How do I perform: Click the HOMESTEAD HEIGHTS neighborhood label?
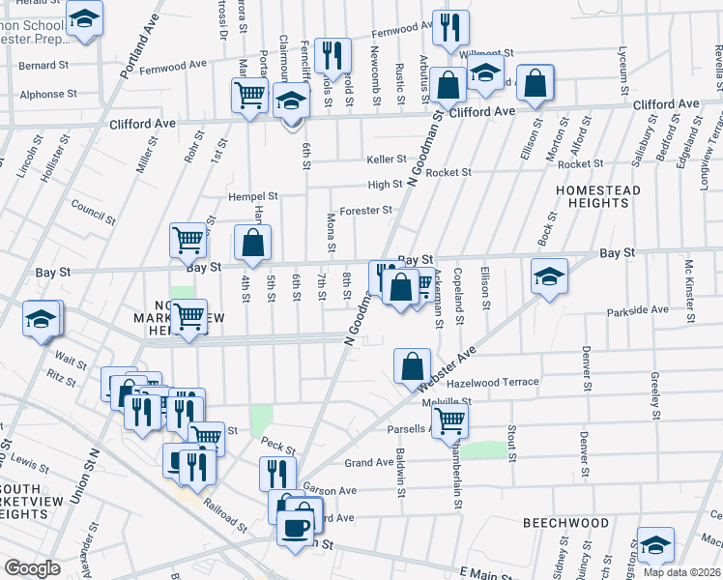597,197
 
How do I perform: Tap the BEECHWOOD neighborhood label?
566,523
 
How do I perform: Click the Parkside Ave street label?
638,310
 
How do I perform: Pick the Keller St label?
386,159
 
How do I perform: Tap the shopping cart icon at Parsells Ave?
449,420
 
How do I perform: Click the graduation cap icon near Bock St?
549,275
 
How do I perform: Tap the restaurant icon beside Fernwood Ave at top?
333,56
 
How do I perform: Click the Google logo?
33,568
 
